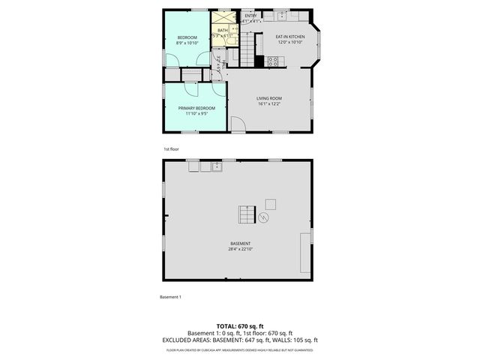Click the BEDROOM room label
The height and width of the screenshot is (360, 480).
tap(187, 38)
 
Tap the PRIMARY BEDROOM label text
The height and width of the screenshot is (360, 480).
tap(196, 108)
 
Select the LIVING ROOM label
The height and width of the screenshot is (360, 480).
tap(269, 98)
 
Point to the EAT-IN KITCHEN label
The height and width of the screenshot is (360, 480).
tap(289, 36)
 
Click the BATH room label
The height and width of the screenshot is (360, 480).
tap(223, 30)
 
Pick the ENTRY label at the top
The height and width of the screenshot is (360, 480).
tap(250, 16)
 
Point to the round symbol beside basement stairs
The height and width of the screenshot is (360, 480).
tap(264, 217)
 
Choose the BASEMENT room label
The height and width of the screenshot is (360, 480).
tap(240, 244)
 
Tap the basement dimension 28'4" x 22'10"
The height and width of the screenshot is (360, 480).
tap(240, 249)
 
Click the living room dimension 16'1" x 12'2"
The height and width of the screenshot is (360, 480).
tap(269, 103)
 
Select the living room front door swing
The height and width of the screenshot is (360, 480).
tap(237, 124)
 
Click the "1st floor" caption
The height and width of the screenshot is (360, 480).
tap(171, 149)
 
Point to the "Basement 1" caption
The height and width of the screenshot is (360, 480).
tap(170, 297)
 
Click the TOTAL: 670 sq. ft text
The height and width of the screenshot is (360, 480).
tap(240, 326)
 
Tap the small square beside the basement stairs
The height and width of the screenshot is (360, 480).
tap(270, 203)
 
